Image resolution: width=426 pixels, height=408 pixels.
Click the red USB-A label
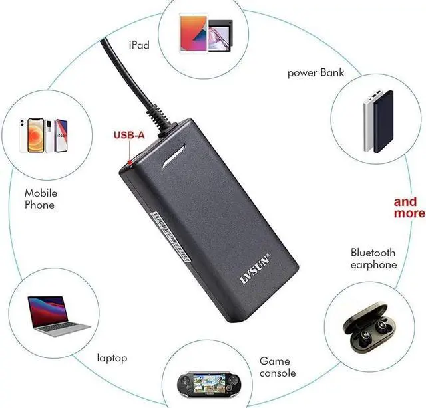(x=128, y=136)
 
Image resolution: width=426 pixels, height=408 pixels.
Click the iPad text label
(x=138, y=45)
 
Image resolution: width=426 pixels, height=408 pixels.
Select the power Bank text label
(x=316, y=72)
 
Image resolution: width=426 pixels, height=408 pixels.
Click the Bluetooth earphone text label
(x=373, y=258)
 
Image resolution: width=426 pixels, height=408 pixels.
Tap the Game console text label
(x=277, y=367)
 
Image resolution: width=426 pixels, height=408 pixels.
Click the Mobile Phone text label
(x=41, y=199)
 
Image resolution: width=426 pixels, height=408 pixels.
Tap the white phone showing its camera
(x=31, y=137)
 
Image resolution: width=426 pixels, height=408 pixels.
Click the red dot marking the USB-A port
(x=128, y=161)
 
